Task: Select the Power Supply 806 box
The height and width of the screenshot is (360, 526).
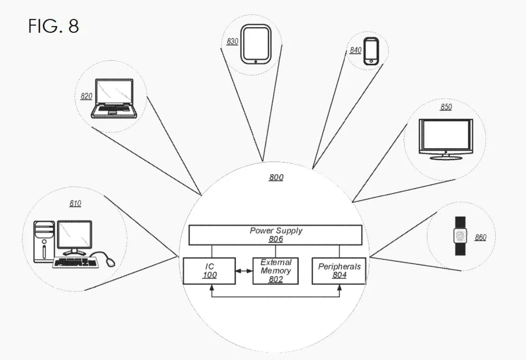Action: [275, 235]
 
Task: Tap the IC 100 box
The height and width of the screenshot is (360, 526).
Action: [209, 271]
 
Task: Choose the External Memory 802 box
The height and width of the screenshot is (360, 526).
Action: [275, 271]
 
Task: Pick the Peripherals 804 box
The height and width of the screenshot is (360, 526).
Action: [339, 271]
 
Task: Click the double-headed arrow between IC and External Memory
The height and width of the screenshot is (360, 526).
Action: [244, 271]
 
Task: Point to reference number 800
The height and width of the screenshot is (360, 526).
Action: [276, 177]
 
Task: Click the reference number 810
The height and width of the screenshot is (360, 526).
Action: [75, 204]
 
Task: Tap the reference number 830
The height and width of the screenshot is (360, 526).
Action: [232, 42]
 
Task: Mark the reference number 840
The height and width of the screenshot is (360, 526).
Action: [355, 50]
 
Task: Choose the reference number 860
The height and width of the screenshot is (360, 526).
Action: [480, 238]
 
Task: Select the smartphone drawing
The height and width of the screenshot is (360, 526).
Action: [371, 51]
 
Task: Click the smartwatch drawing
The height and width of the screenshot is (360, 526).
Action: [460, 236]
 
